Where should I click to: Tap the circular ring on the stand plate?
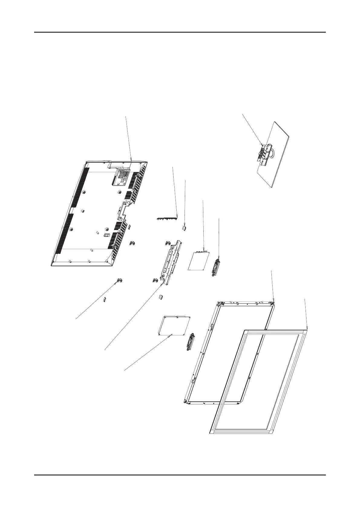271,152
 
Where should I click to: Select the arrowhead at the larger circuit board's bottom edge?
171,335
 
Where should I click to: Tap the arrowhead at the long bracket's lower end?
163,284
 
